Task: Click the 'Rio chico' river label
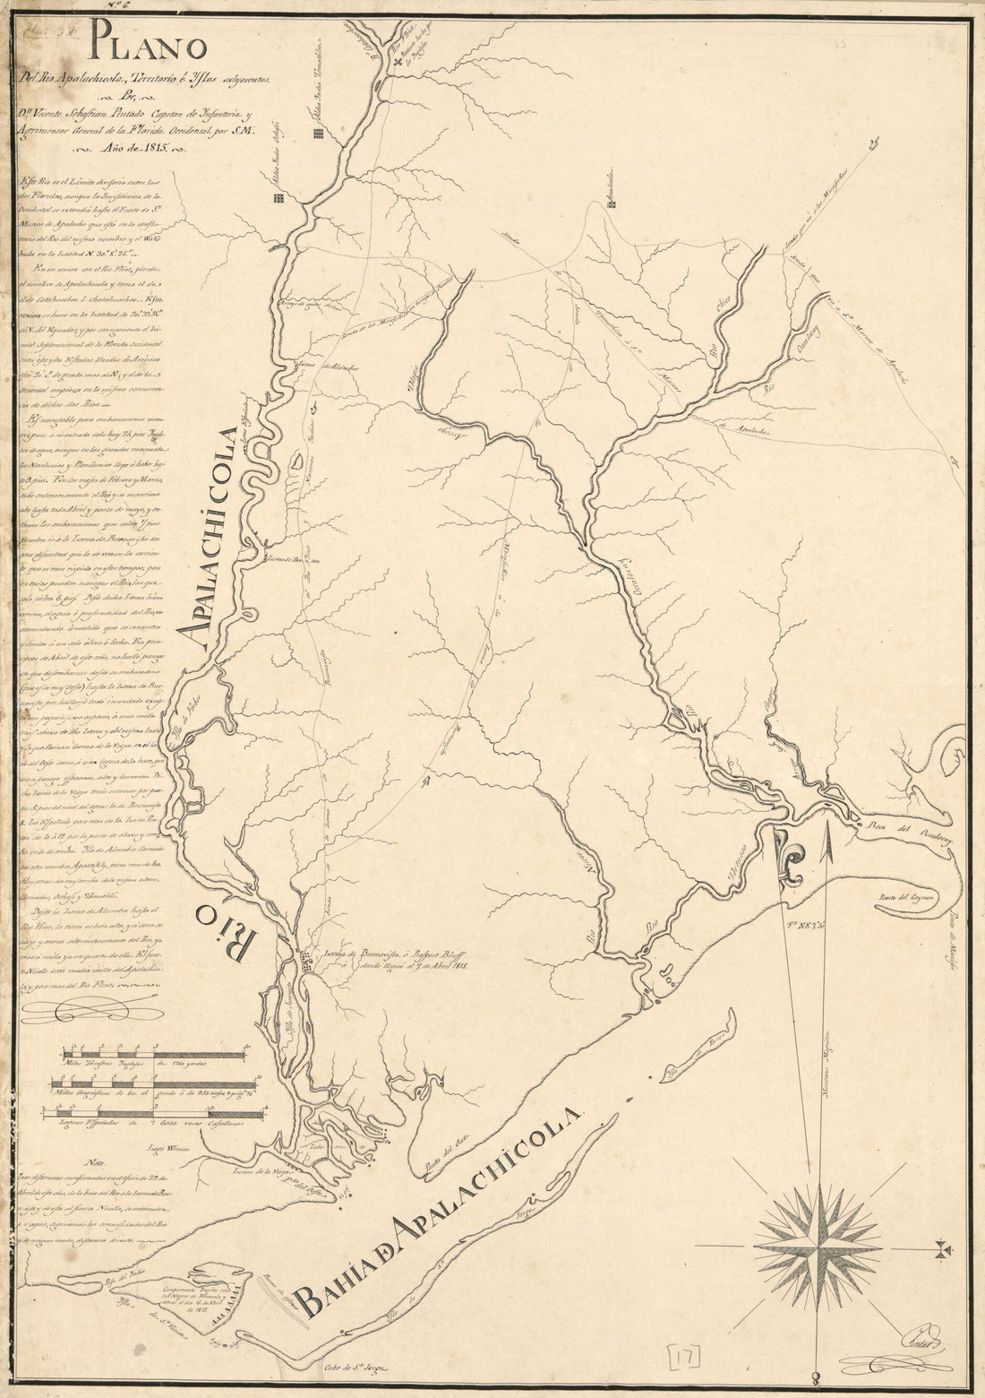point(721,343)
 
